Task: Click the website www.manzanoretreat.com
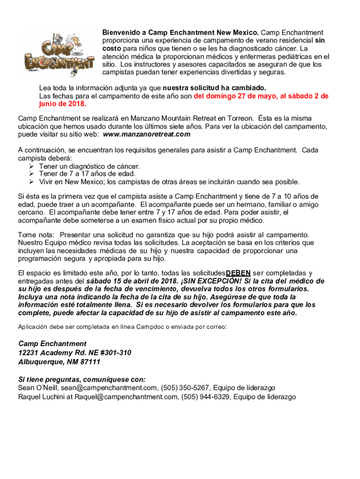[x=146, y=134]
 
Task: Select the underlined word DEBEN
[x=238, y=273]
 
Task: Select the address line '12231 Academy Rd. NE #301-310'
[x=75, y=353]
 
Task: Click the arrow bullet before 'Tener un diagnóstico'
[x=31, y=166]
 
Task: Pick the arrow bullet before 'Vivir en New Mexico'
[x=31, y=182]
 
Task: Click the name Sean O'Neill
[x=37, y=388]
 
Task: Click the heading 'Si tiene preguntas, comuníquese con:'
[x=82, y=379]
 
